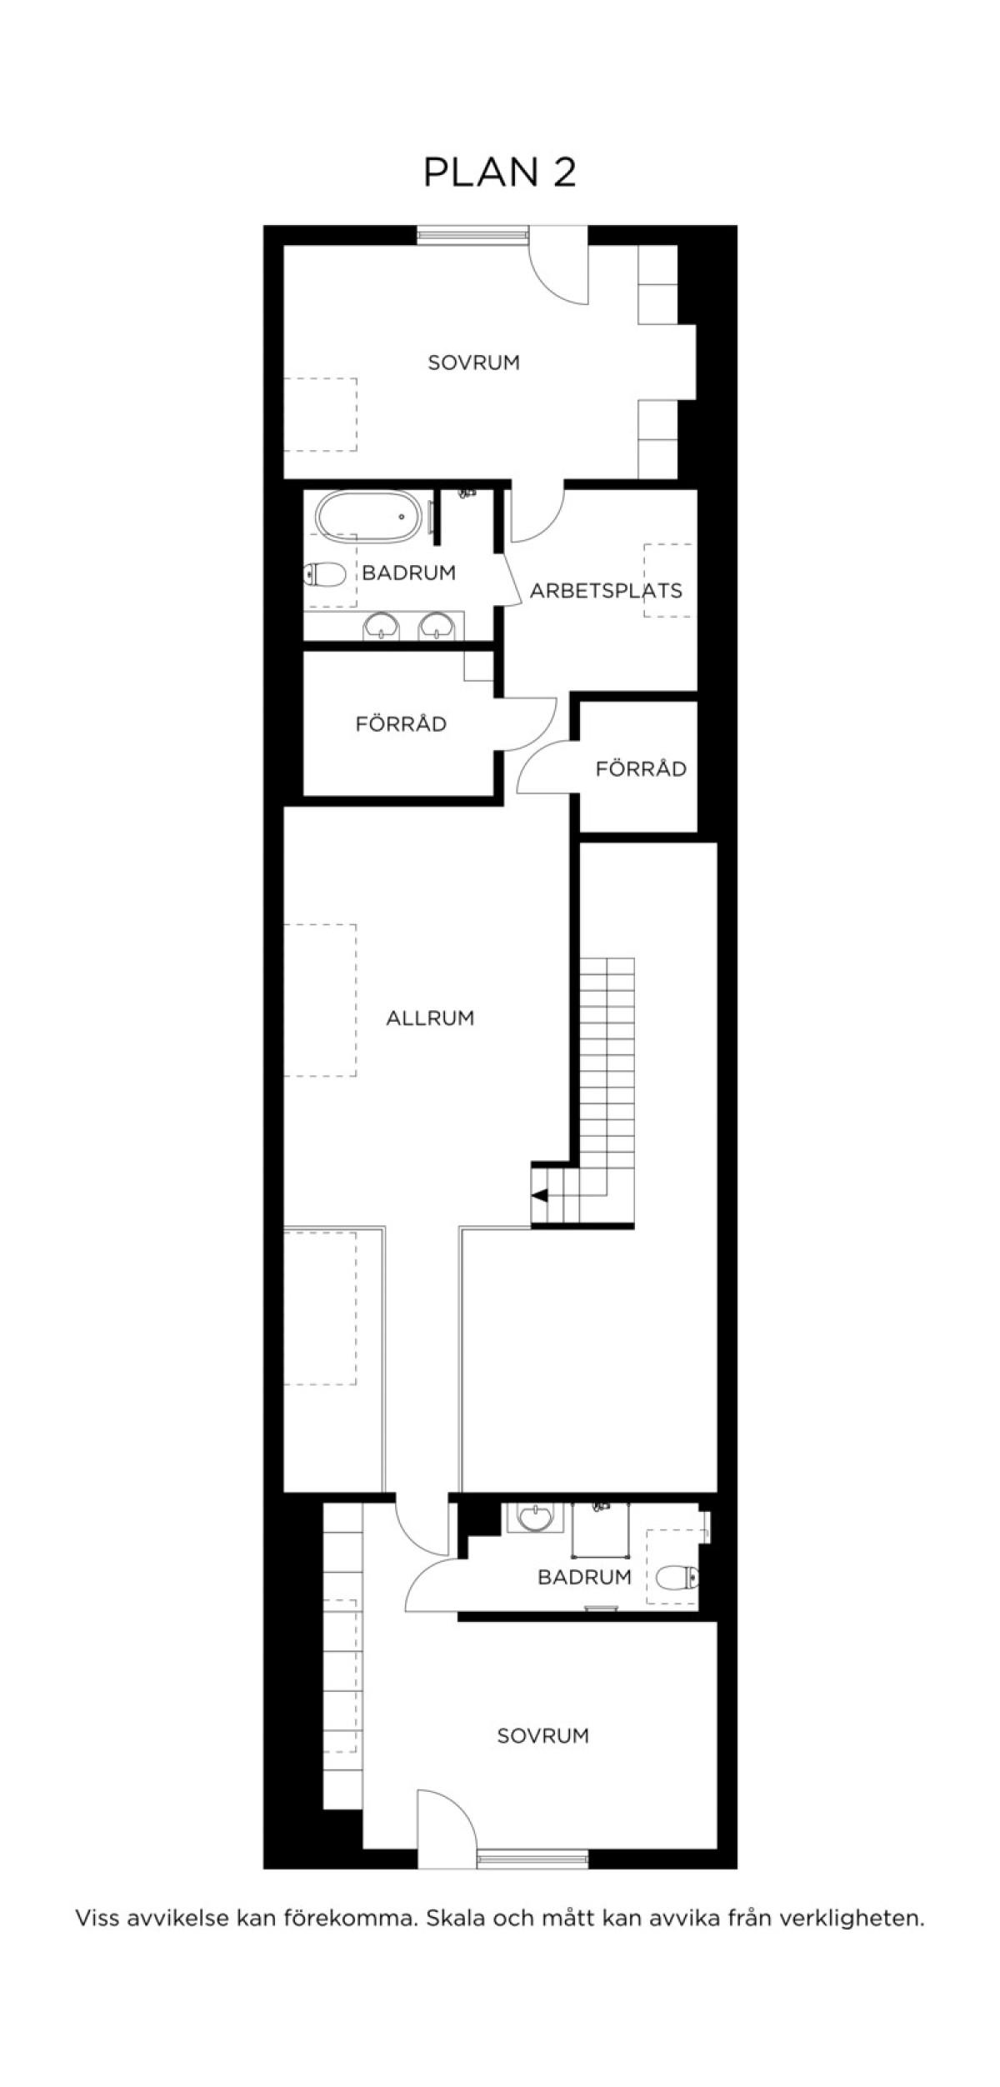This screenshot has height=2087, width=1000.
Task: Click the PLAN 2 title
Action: click(500, 173)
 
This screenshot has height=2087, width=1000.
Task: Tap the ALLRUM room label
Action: click(430, 1018)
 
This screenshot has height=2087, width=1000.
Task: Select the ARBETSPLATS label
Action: click(606, 591)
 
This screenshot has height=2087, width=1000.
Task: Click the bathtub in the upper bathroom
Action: click(368, 517)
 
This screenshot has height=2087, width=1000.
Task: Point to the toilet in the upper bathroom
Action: click(325, 574)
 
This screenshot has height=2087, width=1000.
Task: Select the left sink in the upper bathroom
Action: click(382, 625)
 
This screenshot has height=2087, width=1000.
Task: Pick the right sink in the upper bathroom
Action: click(435, 625)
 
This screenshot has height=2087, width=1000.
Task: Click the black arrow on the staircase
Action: click(540, 1196)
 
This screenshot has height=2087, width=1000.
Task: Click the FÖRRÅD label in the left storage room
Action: click(401, 723)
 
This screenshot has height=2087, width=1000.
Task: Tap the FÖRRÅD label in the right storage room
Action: click(641, 768)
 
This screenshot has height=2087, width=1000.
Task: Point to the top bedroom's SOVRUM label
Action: click(473, 363)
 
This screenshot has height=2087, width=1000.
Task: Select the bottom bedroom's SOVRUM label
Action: click(542, 1735)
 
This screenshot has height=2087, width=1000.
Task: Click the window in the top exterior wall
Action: click(472, 235)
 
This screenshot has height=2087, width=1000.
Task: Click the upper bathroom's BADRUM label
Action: click(409, 573)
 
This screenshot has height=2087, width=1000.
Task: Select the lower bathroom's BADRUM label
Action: click(584, 1577)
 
